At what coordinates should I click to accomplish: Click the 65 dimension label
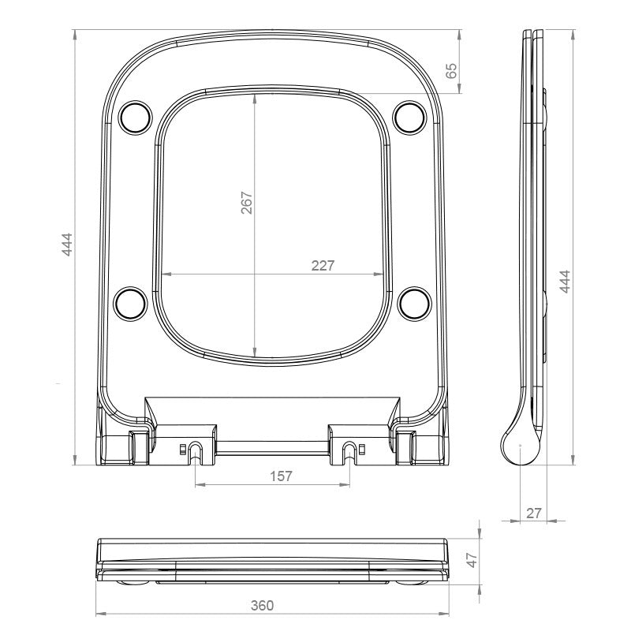click(x=452, y=71)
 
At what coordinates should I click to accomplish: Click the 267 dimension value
click(x=246, y=203)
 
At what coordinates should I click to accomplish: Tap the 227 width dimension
click(x=323, y=266)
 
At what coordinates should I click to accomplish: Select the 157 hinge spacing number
click(x=281, y=476)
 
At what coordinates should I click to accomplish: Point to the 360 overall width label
click(x=262, y=605)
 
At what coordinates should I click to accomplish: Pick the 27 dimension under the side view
click(x=534, y=513)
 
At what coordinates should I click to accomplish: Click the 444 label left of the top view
click(x=67, y=245)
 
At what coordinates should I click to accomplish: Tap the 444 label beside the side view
click(x=565, y=282)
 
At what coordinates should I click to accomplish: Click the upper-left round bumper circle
click(x=136, y=117)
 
